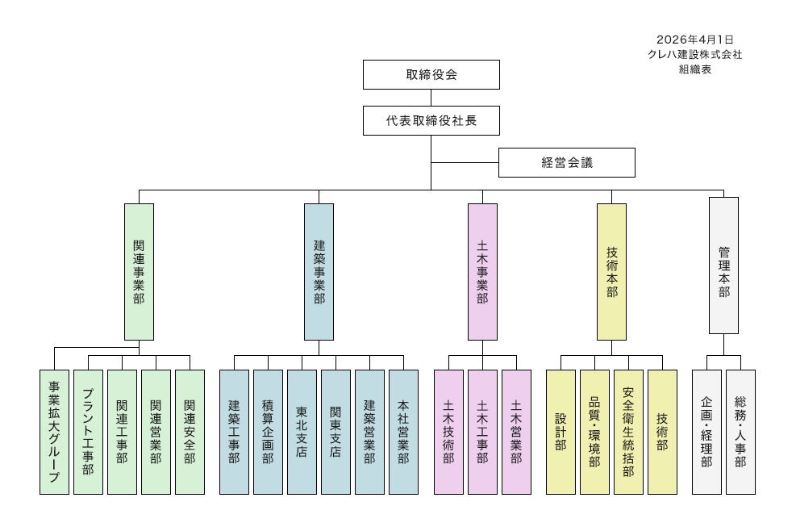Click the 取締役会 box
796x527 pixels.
tap(431, 74)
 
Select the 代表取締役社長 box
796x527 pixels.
tap(431, 121)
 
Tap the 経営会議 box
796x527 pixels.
tap(566, 162)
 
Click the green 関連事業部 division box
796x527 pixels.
tap(139, 271)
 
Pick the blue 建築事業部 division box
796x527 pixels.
tap(319, 271)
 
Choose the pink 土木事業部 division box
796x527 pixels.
tap(482, 271)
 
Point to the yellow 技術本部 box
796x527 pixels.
tap(611, 271)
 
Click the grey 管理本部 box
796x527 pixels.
tap(723, 265)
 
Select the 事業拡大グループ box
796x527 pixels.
tap(54, 432)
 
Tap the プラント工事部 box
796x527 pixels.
tap(88, 432)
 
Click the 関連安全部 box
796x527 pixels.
tap(190, 432)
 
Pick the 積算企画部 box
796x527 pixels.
tap(268, 432)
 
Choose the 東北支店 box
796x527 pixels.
tap(302, 432)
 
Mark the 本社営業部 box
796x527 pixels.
tap(403, 432)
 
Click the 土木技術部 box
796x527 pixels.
tap(448, 432)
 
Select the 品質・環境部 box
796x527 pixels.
tap(594, 432)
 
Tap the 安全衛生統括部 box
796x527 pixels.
tap(628, 432)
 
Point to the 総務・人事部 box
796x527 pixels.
tap(740, 432)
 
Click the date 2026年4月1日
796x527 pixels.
tap(694, 39)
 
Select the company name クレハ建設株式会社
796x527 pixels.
tap(694, 54)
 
